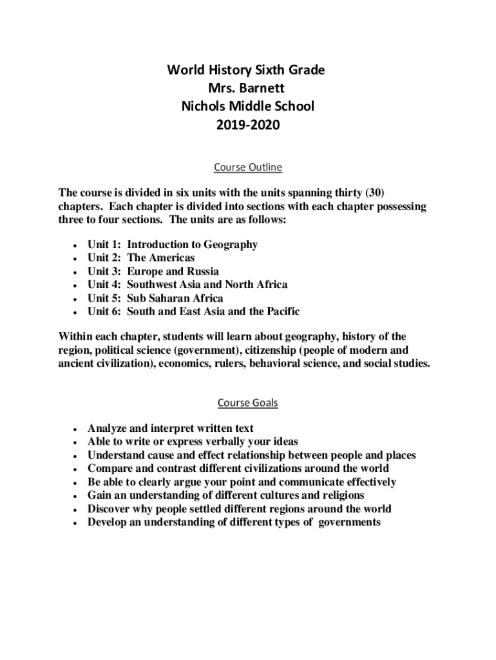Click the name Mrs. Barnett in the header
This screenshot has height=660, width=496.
coord(248,88)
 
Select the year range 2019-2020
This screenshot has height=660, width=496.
coord(248,124)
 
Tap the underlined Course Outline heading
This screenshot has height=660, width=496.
coord(248,168)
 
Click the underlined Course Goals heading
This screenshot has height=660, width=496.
coord(248,403)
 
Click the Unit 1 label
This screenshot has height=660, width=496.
coord(104,244)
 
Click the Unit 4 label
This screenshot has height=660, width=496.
coord(104,284)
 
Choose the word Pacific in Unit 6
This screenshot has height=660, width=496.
coord(280,311)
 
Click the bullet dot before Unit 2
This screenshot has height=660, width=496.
coord(77,258)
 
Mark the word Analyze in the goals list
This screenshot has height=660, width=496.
coord(108,428)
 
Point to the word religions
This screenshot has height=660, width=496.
coord(341,495)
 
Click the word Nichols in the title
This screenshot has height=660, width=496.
coord(204,106)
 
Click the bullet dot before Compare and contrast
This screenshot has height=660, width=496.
coord(77,469)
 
